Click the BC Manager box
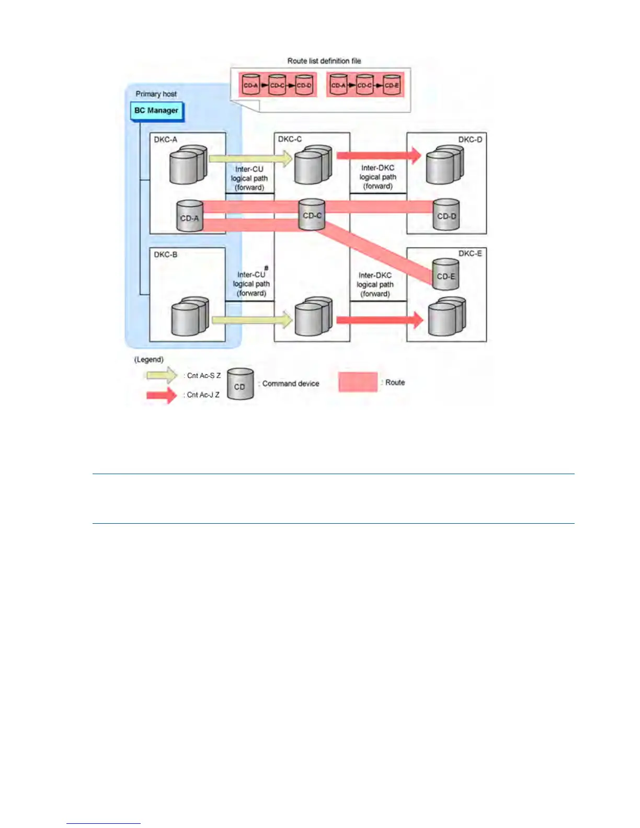[156, 111]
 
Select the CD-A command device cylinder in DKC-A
[189, 216]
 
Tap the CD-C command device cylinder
[312, 215]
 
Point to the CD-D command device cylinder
[447, 215]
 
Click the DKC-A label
[165, 140]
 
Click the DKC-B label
[165, 255]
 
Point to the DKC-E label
[470, 254]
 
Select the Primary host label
[156, 94]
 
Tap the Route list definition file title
[324, 61]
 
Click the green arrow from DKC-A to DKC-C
[250, 158]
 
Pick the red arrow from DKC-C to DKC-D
[379, 155]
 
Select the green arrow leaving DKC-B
[252, 319]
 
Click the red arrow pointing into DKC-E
[379, 319]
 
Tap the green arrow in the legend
[162, 375]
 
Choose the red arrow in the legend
[162, 395]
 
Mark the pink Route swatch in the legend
[358, 382]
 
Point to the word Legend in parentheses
[149, 360]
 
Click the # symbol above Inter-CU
[266, 268]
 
